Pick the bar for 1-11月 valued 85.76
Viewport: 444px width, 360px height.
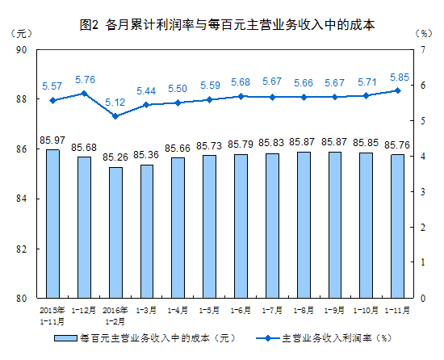[x=396, y=226]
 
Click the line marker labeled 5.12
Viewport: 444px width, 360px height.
[x=115, y=116]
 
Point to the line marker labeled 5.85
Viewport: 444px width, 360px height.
[x=396, y=90]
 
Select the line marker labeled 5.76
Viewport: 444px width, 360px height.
[x=84, y=94]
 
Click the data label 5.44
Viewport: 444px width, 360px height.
[x=146, y=90]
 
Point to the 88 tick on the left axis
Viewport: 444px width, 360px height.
[x=23, y=99]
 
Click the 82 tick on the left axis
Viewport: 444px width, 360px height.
[x=23, y=249]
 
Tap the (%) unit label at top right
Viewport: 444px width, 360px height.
[x=422, y=33]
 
